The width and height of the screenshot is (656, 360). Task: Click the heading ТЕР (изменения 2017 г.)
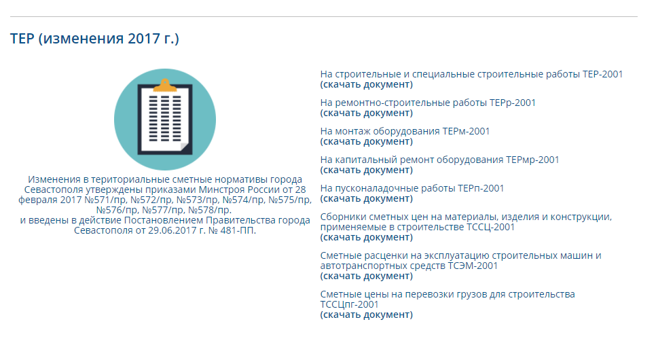tap(94, 39)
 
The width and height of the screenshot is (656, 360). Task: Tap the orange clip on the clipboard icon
tap(165, 86)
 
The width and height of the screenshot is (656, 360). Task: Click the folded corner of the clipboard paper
tap(185, 147)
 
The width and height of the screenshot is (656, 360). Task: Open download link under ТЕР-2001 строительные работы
tap(367, 84)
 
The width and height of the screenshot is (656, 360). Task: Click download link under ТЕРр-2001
tap(367, 113)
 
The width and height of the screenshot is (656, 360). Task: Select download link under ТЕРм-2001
tap(367, 141)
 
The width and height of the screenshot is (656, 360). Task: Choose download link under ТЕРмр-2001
tap(367, 170)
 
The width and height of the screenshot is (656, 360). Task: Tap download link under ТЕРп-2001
tap(367, 198)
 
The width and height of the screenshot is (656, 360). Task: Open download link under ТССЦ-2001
tap(367, 237)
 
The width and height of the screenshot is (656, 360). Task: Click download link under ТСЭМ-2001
tap(367, 276)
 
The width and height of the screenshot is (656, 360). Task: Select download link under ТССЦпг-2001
tap(367, 314)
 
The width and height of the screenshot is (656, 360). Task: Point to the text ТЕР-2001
tap(602, 74)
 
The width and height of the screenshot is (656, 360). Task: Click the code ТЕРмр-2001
tap(532, 160)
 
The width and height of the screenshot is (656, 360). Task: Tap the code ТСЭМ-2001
tap(473, 266)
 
